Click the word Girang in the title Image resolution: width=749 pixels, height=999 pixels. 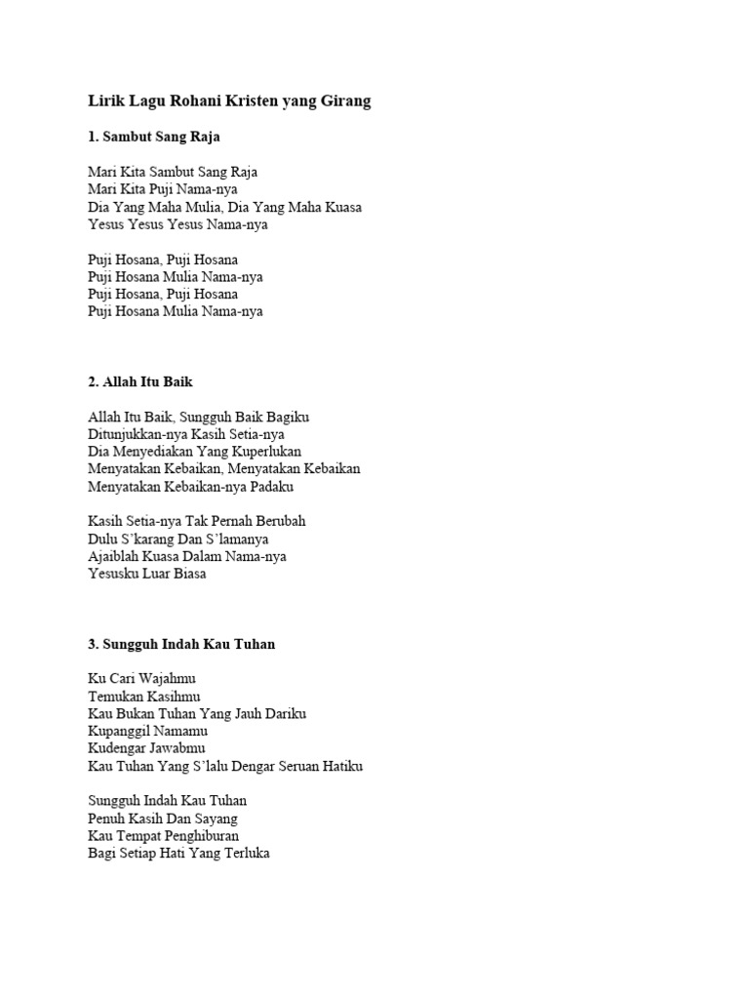[343, 101]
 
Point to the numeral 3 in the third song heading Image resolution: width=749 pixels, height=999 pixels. [92, 645]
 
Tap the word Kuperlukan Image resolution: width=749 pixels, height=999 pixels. [264, 452]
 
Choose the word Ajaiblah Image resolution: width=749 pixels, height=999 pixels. [115, 556]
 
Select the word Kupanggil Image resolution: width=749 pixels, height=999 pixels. [118, 731]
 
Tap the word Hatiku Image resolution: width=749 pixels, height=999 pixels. [341, 766]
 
